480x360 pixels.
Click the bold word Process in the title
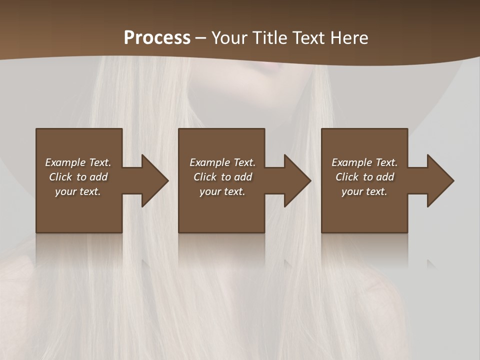point(157,38)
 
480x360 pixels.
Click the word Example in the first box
point(65,162)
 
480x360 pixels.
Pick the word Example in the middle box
point(209,162)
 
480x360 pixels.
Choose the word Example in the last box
point(351,162)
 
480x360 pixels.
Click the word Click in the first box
point(60,177)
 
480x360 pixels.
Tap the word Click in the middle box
point(204,177)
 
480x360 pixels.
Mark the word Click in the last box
point(347,177)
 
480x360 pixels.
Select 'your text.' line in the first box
point(78,191)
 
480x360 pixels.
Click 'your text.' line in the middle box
point(222,191)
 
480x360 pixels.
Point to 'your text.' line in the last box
point(364,191)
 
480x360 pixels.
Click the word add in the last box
point(385,177)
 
